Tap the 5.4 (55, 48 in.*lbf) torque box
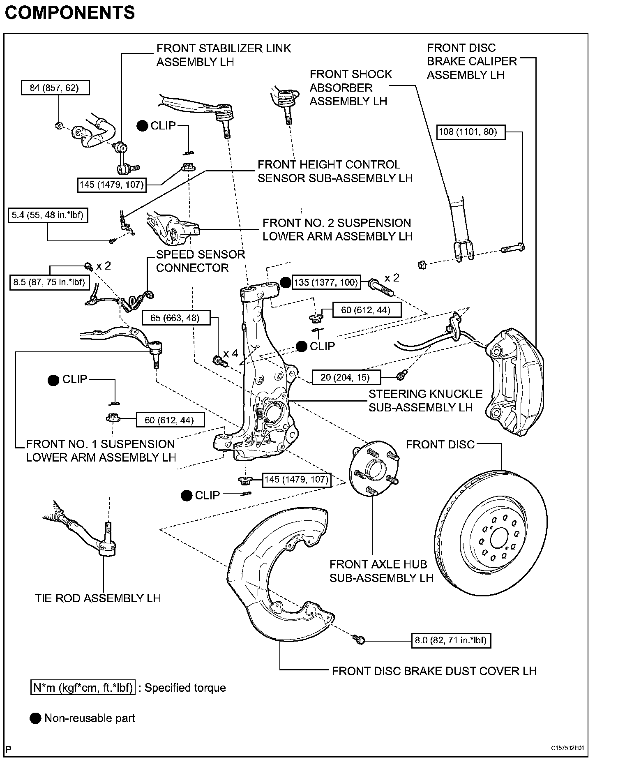coord(48,215)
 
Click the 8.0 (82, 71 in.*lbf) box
coord(451,640)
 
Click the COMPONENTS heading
coord(70,13)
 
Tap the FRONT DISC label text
coord(440,444)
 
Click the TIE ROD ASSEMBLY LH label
coord(97,598)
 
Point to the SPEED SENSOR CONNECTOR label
coord(200,261)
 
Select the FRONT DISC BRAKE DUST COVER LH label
coord(434,671)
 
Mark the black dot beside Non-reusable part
coord(36,718)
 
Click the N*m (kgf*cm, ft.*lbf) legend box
coord(83,688)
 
